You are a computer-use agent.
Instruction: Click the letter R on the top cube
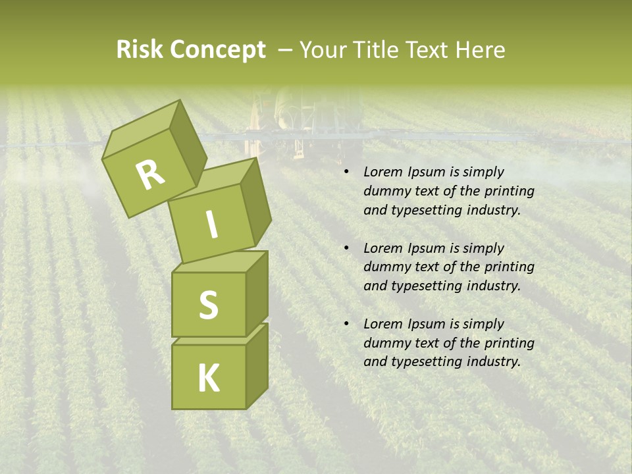[x=151, y=175]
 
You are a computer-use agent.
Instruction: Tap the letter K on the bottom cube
[x=208, y=378]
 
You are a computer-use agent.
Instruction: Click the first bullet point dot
[x=346, y=172]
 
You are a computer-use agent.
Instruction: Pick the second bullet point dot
[x=346, y=248]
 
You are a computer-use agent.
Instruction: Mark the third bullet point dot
[x=346, y=324]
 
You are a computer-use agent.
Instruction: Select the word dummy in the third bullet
[x=384, y=343]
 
